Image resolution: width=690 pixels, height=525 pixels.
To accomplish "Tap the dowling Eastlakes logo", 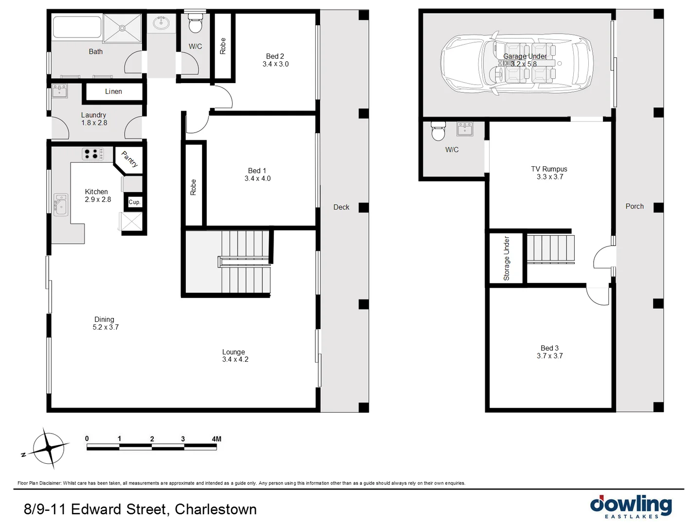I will [x=631, y=506].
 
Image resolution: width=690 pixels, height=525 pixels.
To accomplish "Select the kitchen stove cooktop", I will [x=92, y=154].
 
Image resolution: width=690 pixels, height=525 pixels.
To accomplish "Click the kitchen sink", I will [x=61, y=205].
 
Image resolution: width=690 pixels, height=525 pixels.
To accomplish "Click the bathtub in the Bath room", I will [x=77, y=27].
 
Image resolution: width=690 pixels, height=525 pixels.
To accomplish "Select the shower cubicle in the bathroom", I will [x=122, y=28].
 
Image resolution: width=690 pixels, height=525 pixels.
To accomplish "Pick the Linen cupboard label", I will [x=113, y=91].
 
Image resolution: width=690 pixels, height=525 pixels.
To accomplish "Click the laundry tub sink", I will [x=59, y=91].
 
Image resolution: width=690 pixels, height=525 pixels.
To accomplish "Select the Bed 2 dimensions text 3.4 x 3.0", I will [x=275, y=64].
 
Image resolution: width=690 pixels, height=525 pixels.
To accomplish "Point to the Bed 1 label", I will [x=257, y=171].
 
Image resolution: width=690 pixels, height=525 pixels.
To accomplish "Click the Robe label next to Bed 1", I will [x=193, y=187].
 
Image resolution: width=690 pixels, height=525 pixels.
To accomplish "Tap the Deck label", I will [x=341, y=207].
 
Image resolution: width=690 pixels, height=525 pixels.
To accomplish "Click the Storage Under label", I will [x=507, y=258].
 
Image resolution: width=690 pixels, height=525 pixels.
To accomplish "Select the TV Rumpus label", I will [x=549, y=169].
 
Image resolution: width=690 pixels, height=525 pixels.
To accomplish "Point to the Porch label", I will [x=634, y=206].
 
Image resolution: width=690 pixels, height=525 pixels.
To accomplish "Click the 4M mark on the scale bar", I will [x=216, y=439].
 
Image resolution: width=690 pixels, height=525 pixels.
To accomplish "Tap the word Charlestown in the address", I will [x=216, y=509].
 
